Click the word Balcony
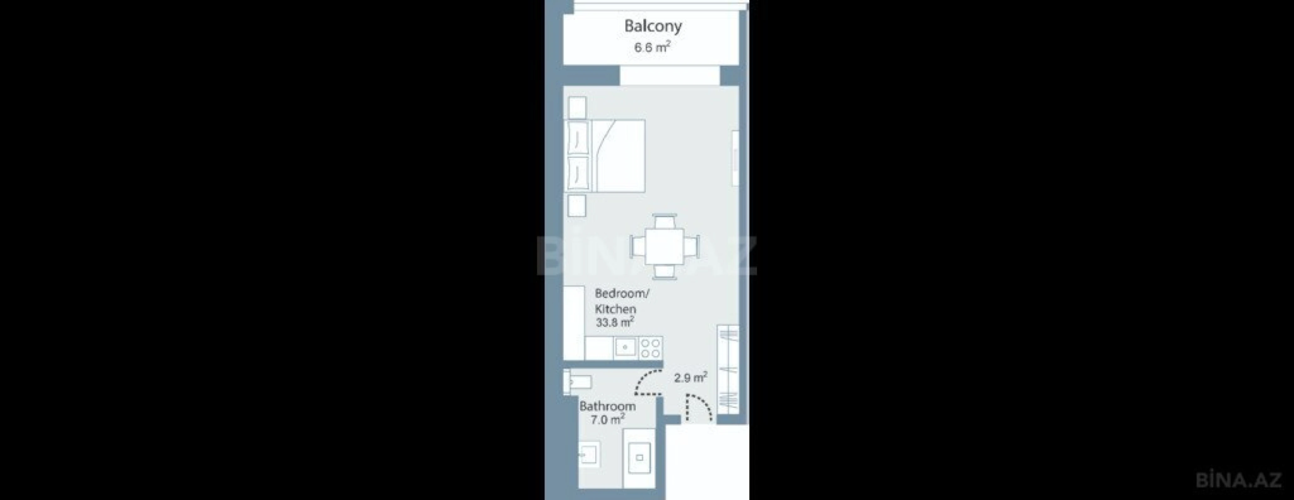coord(653,26)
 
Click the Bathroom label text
coord(607,406)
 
